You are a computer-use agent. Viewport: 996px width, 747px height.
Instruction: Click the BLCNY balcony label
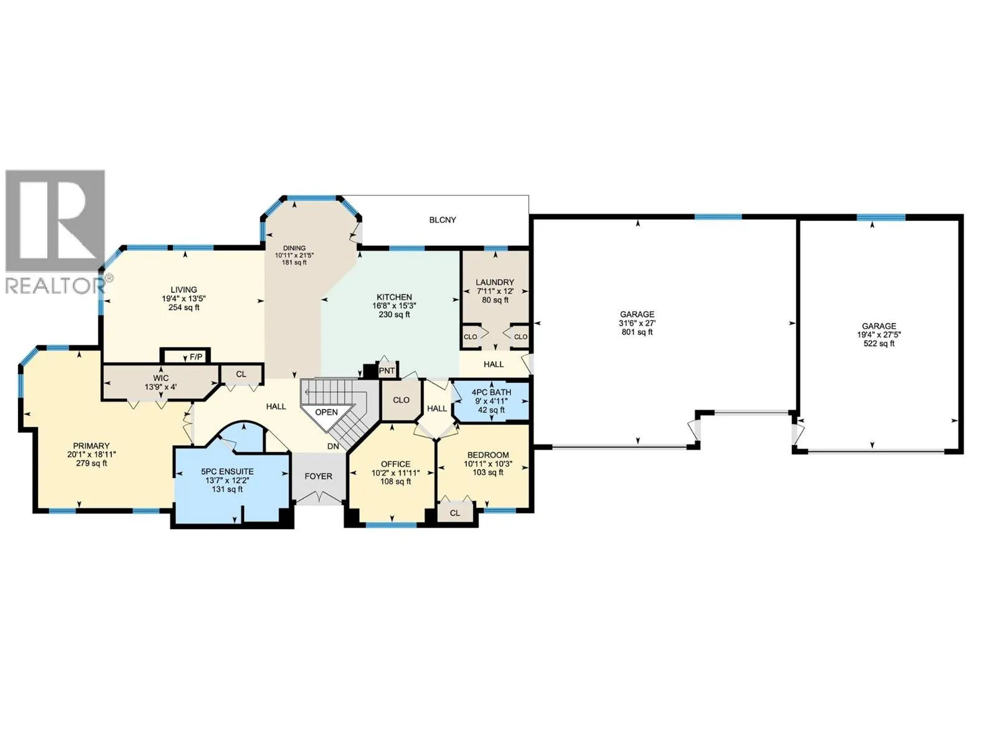point(443,220)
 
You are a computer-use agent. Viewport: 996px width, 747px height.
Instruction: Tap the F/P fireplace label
point(196,357)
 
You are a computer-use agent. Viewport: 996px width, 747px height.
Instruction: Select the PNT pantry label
point(387,370)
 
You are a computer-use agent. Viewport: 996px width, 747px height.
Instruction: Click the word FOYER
point(319,476)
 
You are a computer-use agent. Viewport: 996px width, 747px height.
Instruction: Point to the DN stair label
point(333,446)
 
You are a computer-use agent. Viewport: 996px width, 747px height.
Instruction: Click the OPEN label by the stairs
point(326,412)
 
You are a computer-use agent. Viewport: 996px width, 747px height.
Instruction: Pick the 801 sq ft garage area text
point(637,332)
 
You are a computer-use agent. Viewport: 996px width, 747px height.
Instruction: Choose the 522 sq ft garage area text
point(879,344)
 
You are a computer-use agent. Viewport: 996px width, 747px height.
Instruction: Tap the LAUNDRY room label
point(495,282)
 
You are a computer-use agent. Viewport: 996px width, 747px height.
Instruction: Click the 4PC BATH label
point(491,392)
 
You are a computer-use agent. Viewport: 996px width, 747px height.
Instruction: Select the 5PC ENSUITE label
point(227,471)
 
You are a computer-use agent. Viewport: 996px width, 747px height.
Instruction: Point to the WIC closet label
point(161,378)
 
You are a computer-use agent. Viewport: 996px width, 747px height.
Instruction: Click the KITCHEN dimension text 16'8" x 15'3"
point(394,306)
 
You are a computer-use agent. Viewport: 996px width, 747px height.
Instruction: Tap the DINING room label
point(294,248)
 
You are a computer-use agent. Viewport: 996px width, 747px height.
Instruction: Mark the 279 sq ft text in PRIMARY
point(92,463)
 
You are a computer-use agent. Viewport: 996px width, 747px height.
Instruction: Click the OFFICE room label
point(395,464)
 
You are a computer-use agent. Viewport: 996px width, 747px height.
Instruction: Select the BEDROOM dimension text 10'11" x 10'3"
point(488,464)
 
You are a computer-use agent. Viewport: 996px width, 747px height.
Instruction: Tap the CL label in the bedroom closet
point(454,513)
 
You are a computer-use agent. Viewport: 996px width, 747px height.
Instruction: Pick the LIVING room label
point(184,289)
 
